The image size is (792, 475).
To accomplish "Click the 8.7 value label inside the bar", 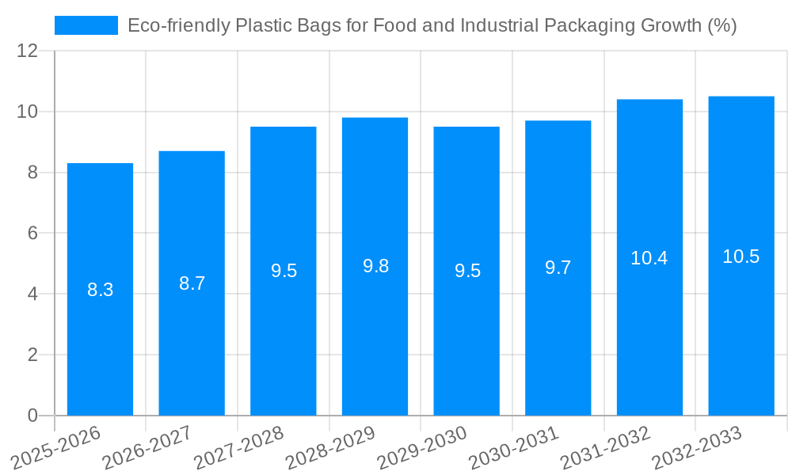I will point(192,283).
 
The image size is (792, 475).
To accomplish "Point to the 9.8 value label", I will point(375,266).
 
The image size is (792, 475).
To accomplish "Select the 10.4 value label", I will point(649,257).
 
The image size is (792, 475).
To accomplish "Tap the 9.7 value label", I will point(558,268).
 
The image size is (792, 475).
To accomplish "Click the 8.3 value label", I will point(100,290).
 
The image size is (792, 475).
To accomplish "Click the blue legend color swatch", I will point(86,25).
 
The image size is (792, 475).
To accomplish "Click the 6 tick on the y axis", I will point(32,234).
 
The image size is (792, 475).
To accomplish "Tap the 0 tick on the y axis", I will point(32,416).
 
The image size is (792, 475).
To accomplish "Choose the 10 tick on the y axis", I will point(27,112).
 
